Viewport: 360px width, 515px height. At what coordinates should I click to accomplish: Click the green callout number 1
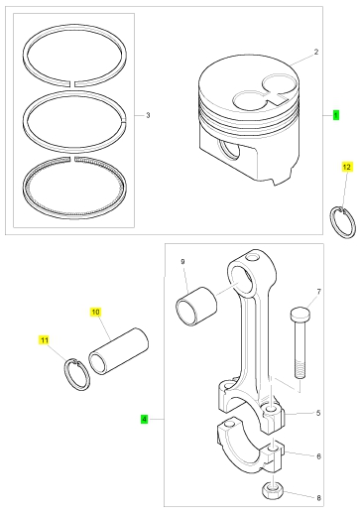coord(336,115)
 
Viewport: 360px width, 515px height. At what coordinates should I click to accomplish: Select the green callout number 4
coord(144,419)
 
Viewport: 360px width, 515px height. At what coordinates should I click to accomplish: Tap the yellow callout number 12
coord(346,167)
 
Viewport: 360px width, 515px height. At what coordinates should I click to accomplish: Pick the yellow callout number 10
coord(95,312)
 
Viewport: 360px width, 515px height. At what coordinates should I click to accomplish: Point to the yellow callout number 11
coord(45,340)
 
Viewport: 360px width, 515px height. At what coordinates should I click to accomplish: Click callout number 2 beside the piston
coord(316,52)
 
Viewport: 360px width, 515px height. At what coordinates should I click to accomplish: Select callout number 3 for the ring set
coord(148,115)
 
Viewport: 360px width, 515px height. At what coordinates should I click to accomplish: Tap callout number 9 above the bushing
coord(182,262)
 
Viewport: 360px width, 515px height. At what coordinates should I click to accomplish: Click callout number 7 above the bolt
coord(319,292)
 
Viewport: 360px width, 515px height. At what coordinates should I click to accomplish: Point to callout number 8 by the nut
coord(318,498)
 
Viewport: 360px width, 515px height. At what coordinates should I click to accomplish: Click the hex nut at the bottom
coord(273,490)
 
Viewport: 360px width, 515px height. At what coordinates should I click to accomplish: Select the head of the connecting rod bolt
coord(300,314)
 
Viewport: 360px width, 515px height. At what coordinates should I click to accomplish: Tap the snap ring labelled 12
coord(343,222)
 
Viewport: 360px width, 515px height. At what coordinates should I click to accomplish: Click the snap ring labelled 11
coord(76,374)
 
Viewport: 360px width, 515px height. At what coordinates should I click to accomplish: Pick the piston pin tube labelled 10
coord(118,351)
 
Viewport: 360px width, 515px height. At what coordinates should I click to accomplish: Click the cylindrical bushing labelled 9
coord(196,307)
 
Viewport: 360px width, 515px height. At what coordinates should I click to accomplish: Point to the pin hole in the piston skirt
coord(228,150)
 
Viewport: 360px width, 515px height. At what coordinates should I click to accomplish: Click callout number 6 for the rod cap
coord(318,456)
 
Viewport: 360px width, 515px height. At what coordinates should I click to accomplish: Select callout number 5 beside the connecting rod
coord(318,413)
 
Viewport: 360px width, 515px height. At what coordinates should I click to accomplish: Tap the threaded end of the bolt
coord(300,370)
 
